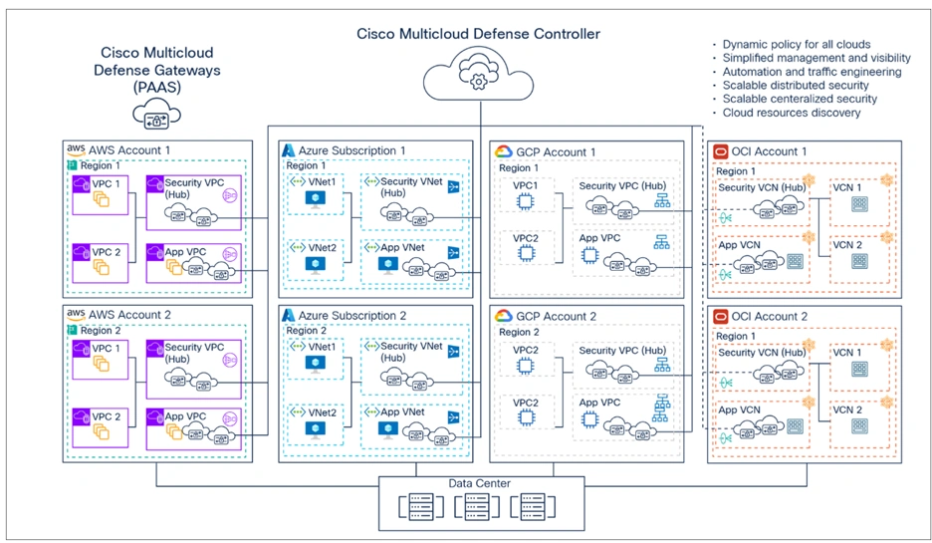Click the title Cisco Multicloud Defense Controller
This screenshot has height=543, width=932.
point(478,34)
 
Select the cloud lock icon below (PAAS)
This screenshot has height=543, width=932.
point(156,117)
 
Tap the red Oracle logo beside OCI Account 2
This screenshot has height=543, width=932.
point(721,316)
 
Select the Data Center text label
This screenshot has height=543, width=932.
point(479,483)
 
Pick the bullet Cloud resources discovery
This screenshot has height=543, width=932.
point(792,113)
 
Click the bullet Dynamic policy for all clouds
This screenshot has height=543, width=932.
point(797,45)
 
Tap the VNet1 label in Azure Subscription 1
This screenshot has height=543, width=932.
point(324,181)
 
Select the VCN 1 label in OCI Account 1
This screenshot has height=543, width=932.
point(846,187)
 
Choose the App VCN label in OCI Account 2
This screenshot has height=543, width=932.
point(739,409)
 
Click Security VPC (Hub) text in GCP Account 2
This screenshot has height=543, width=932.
point(622,351)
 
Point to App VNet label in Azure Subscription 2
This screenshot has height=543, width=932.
point(401,410)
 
